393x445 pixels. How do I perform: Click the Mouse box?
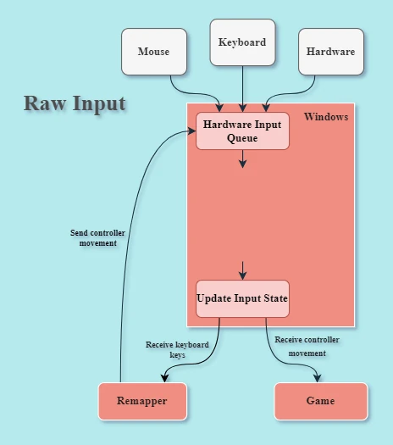point(154,52)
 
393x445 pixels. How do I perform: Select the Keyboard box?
point(242,42)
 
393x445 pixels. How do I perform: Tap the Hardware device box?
point(331,52)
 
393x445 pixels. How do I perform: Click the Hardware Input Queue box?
point(242,131)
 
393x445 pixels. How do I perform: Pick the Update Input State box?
point(242,298)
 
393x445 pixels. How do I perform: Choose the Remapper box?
point(142,401)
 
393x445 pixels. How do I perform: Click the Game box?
point(321,401)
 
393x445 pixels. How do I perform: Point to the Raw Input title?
point(75,103)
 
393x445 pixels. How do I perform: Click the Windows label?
point(326,117)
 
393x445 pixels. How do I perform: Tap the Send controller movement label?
point(97,238)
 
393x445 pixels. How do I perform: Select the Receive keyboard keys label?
point(177,349)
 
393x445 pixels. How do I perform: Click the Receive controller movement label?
point(307,346)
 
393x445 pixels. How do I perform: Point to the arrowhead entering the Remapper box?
point(165,379)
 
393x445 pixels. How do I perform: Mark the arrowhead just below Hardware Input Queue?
point(242,164)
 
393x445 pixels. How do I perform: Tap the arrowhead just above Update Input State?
point(242,275)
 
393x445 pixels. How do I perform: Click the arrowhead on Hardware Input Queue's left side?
point(191,131)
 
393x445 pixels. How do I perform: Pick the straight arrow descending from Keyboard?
point(242,89)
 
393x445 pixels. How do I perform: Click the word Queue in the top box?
point(242,138)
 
